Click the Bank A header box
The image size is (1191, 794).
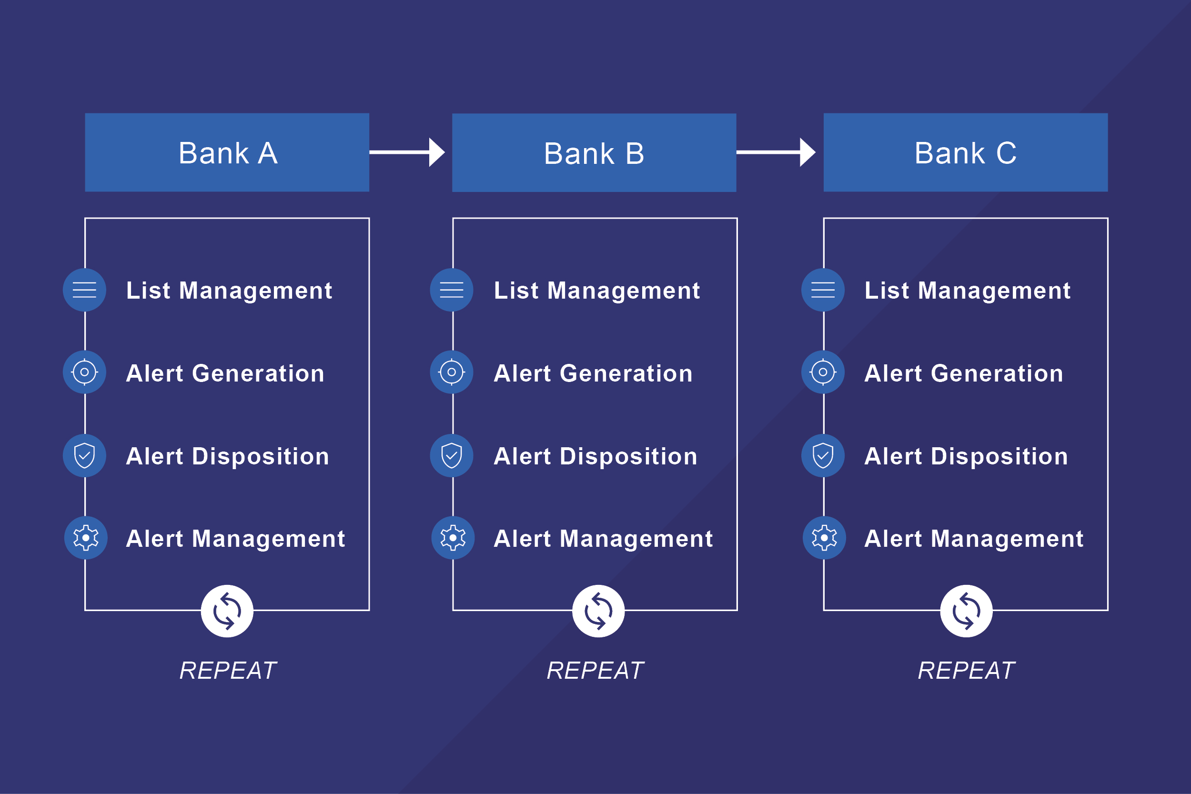[x=227, y=152]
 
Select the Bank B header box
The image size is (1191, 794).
[x=594, y=152]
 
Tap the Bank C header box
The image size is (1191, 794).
[x=966, y=152]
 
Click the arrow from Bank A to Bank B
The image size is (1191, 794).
[x=407, y=152]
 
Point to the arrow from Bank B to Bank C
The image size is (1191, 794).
[x=776, y=152]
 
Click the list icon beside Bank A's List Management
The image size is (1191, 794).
[x=85, y=290]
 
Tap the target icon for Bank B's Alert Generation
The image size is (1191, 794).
[x=452, y=372]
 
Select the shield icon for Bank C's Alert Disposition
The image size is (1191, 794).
[x=823, y=456]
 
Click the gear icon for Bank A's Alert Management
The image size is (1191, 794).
[x=86, y=538]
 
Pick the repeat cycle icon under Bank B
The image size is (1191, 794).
[x=598, y=611]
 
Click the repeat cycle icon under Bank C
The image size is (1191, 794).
[x=966, y=611]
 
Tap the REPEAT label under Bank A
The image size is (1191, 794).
[x=228, y=671]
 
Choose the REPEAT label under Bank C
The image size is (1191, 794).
[x=966, y=671]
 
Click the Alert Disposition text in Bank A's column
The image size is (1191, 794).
[x=227, y=456]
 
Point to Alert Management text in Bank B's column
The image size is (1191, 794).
[x=603, y=539]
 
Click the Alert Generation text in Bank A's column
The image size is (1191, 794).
[x=225, y=373]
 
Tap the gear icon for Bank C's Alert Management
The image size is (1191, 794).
[x=824, y=538]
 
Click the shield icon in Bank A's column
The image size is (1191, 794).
[x=85, y=456]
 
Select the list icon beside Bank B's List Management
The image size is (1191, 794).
[x=452, y=290]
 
